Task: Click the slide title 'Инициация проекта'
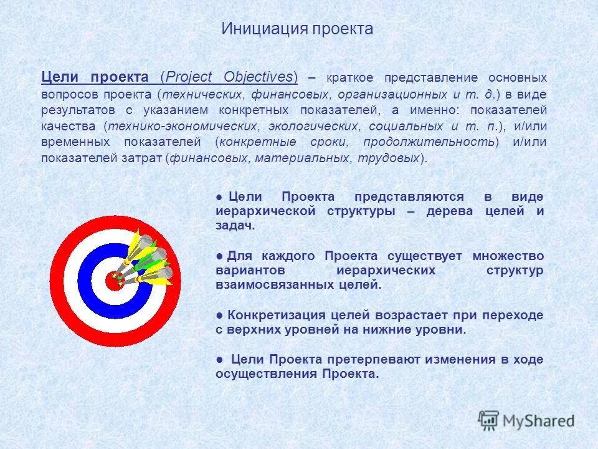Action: point(297,29)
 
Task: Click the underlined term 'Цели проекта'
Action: point(95,77)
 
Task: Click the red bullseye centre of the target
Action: point(113,281)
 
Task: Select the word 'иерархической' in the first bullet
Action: point(268,211)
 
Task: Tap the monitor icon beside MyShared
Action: point(489,420)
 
